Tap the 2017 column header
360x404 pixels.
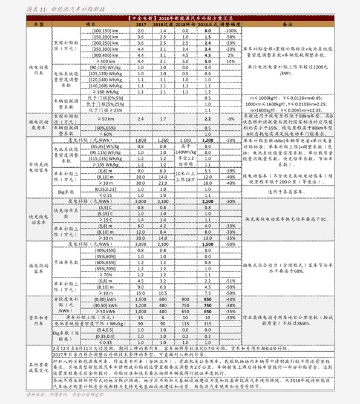point(140,24)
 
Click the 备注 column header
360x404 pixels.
point(288,24)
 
